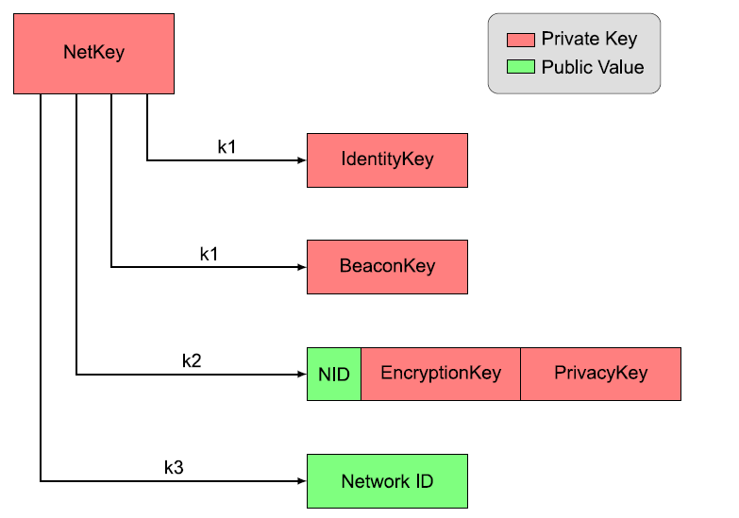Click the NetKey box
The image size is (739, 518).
pos(93,54)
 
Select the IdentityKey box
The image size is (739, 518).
pos(387,160)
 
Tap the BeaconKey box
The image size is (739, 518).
pos(387,267)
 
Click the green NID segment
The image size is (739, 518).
pos(334,375)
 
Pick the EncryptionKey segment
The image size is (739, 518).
pos(441,375)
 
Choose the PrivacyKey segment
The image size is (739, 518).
pos(601,375)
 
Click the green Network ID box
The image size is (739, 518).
pos(387,481)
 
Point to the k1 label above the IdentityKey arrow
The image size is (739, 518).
pos(227,147)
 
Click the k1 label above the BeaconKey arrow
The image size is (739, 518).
pos(209,254)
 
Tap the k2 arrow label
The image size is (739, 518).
pos(192,361)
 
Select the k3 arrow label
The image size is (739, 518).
pos(174,468)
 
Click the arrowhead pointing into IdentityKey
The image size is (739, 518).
pos(302,160)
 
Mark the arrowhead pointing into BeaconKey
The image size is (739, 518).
pos(302,267)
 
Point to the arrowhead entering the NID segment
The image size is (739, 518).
pos(302,375)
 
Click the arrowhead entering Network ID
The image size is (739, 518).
pos(302,481)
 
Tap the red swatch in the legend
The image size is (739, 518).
pos(521,40)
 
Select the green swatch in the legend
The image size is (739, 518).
pos(521,66)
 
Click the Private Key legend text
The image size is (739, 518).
pos(589,39)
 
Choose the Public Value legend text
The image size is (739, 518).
pos(593,67)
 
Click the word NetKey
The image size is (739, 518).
pos(93,52)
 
